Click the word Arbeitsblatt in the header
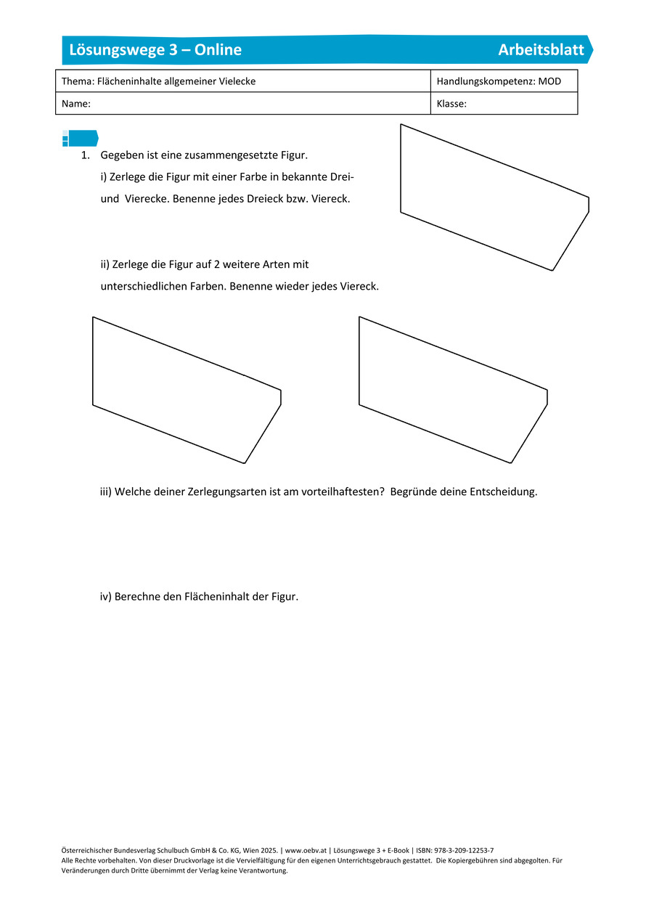[x=541, y=50]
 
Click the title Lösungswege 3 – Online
[x=155, y=50]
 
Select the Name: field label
[x=76, y=104]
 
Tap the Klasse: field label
[x=451, y=104]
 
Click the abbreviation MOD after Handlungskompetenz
[x=549, y=81]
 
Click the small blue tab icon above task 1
[x=80, y=138]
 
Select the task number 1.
[x=85, y=155]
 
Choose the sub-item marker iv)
[x=106, y=597]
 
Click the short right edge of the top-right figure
[x=589, y=205]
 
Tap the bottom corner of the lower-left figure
[x=245, y=463]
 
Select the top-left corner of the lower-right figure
[x=359, y=317]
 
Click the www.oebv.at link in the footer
[x=306, y=850]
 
